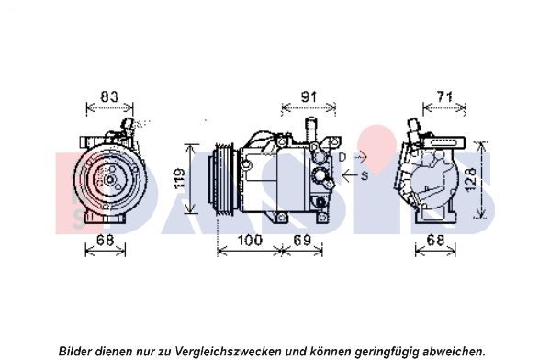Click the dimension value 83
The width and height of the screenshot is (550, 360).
[x=109, y=96]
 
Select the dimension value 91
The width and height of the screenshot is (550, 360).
[x=309, y=96]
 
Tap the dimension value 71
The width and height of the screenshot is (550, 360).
[x=444, y=96]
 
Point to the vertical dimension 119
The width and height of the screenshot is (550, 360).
[x=180, y=178]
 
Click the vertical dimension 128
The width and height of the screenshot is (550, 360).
[x=471, y=179]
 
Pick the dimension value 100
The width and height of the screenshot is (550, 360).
[x=250, y=241]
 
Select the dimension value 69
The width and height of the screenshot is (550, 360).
[x=302, y=241]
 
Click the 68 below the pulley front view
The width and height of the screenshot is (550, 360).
[x=106, y=241]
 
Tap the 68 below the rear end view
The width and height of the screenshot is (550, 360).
[x=435, y=241]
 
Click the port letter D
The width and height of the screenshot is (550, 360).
[x=342, y=158]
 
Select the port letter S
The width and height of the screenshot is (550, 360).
[x=365, y=175]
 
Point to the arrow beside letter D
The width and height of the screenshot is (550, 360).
[x=358, y=158]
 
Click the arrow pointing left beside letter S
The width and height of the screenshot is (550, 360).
[x=351, y=175]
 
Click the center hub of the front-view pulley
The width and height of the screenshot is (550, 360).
[x=110, y=179]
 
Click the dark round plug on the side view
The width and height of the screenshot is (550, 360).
[x=321, y=202]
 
